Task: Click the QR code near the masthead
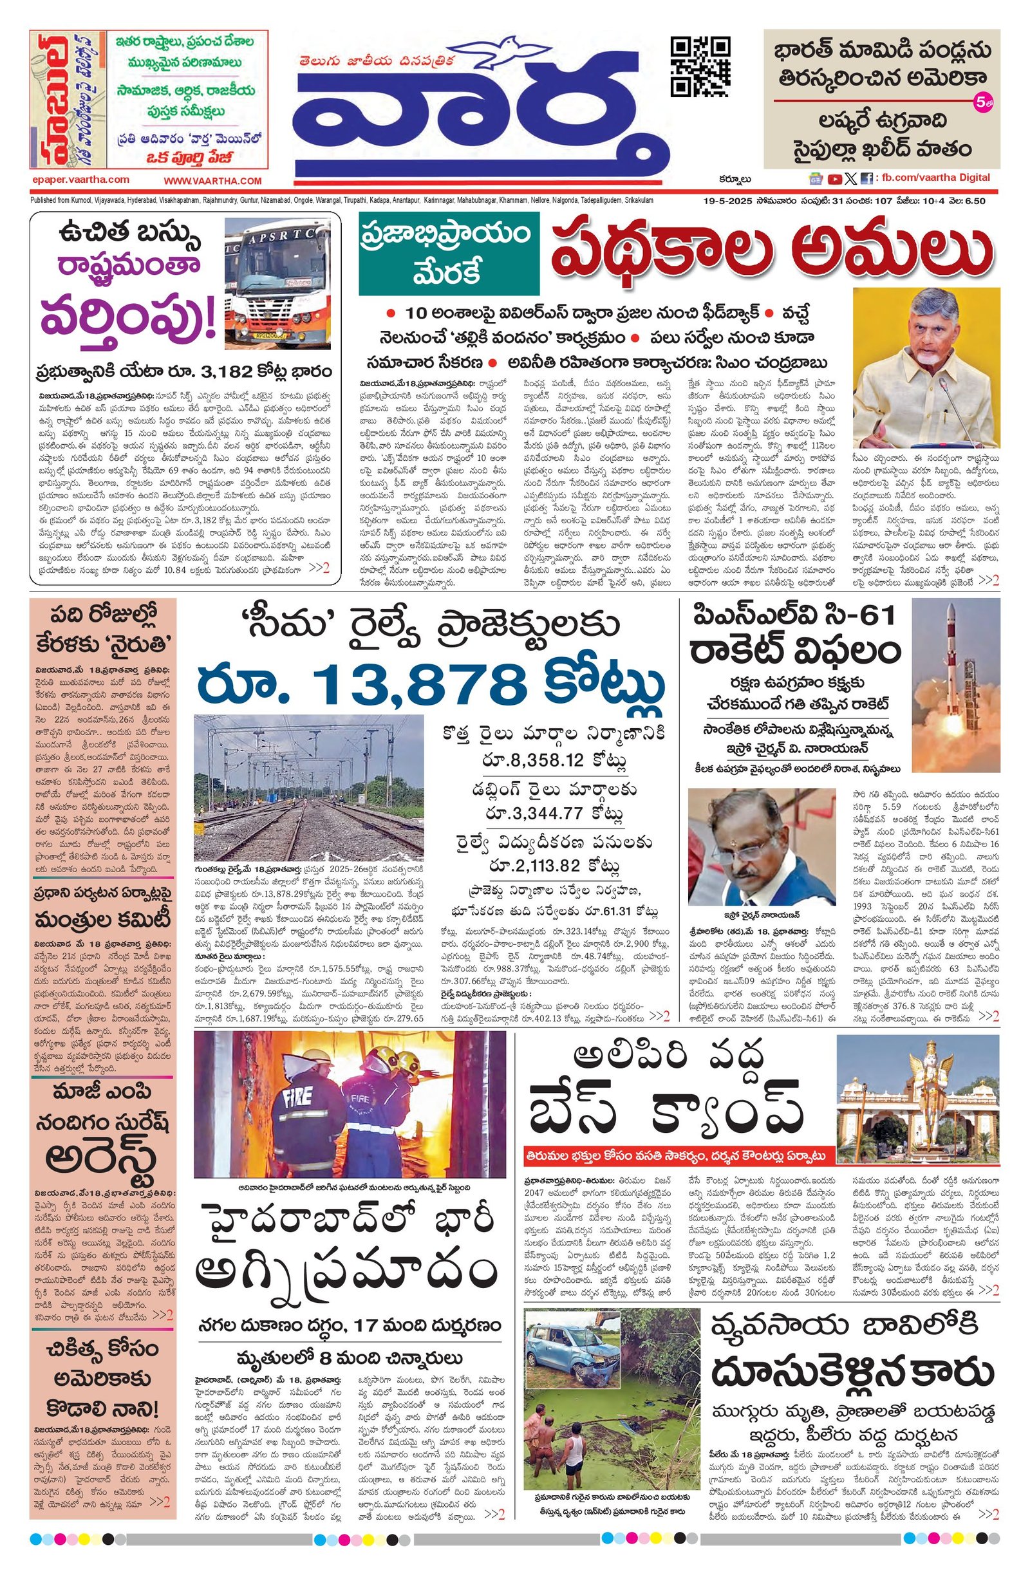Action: tap(700, 67)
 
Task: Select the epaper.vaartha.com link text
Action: tap(80, 180)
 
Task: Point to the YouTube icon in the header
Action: tap(834, 178)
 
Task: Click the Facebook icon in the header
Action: tap(866, 178)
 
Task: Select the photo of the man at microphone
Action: tap(925, 368)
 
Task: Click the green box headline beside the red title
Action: tap(449, 254)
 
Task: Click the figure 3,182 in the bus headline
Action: tap(225, 370)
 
